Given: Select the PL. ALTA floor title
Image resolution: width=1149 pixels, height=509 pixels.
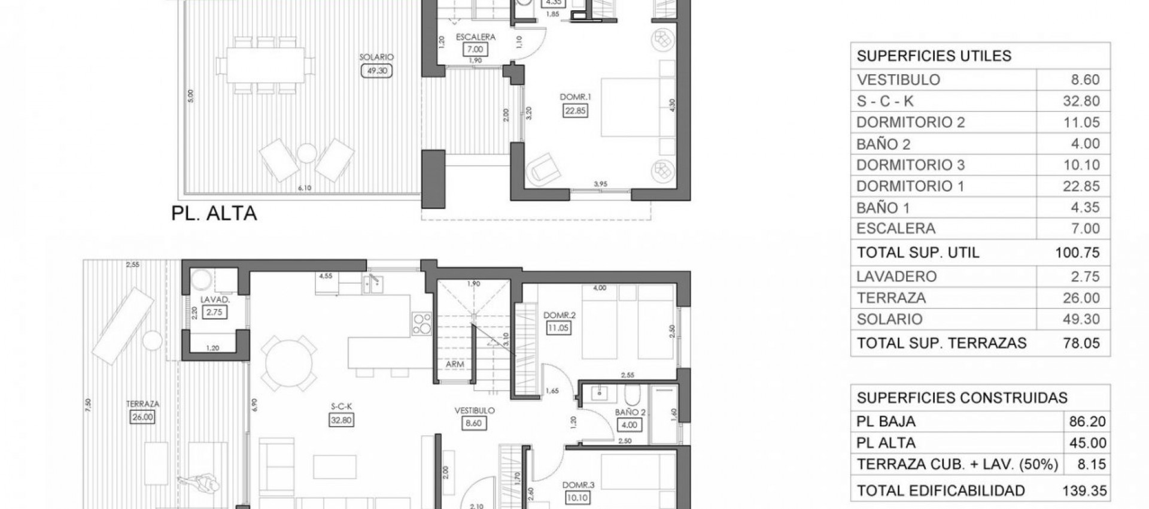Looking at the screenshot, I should pyautogui.click(x=214, y=213).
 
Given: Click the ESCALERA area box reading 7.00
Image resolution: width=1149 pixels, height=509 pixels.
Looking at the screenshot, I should pyautogui.click(x=475, y=50).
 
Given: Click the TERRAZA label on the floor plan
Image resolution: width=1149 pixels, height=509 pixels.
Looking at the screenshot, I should pyautogui.click(x=142, y=404).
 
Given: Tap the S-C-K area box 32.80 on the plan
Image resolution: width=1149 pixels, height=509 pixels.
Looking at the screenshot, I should pyautogui.click(x=341, y=420).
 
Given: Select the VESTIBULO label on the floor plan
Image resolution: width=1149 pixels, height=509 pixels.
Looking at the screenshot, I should pyautogui.click(x=474, y=411).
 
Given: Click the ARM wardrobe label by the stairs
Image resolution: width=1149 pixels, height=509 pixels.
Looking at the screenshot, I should pyautogui.click(x=455, y=364).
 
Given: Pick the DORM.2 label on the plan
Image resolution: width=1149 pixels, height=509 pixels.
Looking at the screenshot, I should pyautogui.click(x=559, y=315).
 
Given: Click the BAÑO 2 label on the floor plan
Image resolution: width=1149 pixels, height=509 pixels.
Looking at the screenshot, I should pyautogui.click(x=630, y=413).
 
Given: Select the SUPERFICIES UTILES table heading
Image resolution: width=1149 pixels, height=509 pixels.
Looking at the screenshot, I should pyautogui.click(x=934, y=56).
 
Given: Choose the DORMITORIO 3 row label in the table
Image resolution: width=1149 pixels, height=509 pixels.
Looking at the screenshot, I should pyautogui.click(x=910, y=165).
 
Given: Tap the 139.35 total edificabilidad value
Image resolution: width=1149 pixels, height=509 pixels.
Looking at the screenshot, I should pyautogui.click(x=1084, y=491).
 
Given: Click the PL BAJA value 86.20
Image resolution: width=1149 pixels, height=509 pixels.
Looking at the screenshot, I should pyautogui.click(x=1087, y=422).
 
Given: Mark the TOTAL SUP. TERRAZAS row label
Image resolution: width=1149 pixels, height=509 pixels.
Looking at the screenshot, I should pyautogui.click(x=941, y=343).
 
